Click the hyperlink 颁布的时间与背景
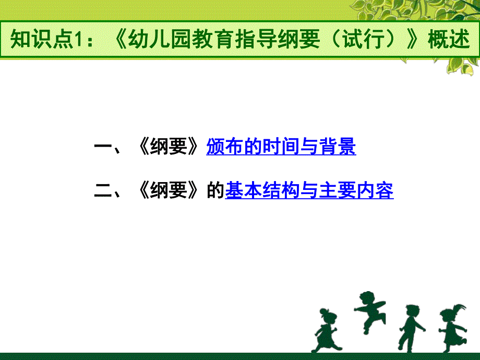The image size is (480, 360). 281,148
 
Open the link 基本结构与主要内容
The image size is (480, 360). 309,191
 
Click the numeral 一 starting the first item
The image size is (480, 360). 103,148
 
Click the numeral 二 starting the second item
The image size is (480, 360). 103,191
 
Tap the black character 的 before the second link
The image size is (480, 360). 216,191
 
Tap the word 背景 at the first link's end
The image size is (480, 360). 338,148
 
